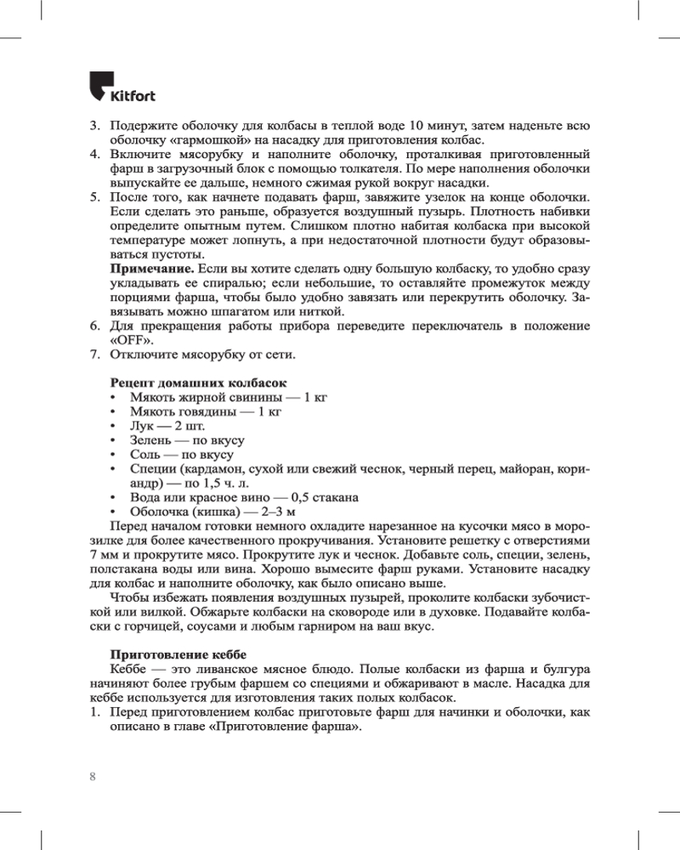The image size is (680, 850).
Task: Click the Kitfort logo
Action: pyautogui.click(x=122, y=87)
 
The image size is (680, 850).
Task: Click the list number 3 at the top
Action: pyautogui.click(x=95, y=125)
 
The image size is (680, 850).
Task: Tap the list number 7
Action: pyautogui.click(x=95, y=354)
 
